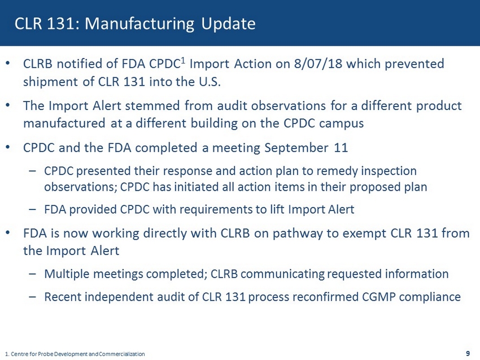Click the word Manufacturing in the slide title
(139, 24)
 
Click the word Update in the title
(228, 24)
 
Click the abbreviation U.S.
(210, 82)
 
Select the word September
(296, 148)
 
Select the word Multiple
(67, 274)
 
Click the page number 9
(468, 354)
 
